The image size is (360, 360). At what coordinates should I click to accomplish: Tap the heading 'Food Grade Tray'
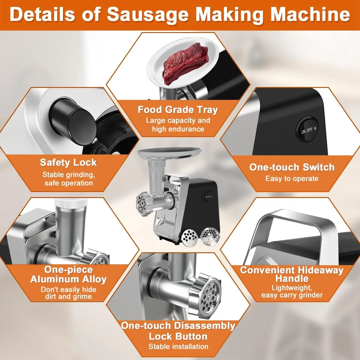[178, 110]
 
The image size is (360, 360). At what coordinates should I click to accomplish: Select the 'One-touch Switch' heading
[292, 167]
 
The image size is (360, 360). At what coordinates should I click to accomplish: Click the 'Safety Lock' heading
[68, 162]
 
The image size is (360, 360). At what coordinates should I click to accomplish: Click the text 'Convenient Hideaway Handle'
[292, 274]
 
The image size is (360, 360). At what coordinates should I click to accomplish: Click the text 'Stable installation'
[178, 346]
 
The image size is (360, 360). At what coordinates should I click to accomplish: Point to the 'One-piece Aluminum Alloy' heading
[68, 274]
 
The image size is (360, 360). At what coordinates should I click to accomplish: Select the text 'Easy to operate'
[292, 179]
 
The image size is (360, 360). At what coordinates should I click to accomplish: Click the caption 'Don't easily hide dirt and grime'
[68, 293]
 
